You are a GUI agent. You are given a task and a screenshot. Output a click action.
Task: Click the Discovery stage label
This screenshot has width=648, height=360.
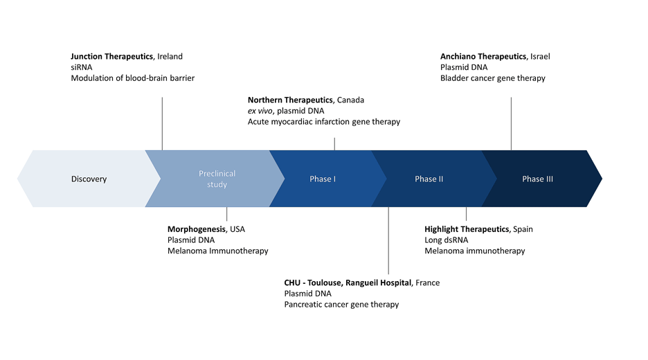(x=89, y=179)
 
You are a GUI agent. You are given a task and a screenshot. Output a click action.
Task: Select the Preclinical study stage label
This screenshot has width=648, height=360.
(x=217, y=179)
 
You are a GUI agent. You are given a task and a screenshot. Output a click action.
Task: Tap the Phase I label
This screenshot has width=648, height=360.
(x=323, y=179)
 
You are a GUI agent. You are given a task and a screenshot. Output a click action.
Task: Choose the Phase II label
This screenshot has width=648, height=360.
(x=429, y=179)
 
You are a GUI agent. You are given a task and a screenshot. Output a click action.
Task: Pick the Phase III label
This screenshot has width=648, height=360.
(x=537, y=179)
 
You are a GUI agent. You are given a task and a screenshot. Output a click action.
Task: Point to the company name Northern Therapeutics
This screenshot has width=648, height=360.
(x=289, y=100)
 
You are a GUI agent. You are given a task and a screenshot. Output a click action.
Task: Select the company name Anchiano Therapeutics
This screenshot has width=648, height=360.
(x=483, y=56)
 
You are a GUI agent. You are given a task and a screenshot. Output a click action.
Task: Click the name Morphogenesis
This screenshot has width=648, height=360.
(x=197, y=228)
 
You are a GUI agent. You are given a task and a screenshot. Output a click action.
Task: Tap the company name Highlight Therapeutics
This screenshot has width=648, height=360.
(x=467, y=228)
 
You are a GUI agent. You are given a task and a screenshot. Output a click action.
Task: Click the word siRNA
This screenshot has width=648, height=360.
(x=81, y=67)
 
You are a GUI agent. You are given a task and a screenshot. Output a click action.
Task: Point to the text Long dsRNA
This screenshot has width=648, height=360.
(x=447, y=240)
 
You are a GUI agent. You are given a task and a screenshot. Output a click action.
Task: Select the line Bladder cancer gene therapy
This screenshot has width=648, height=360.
(x=492, y=78)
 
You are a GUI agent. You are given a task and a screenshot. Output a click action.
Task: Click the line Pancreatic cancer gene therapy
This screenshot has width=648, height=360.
(x=341, y=305)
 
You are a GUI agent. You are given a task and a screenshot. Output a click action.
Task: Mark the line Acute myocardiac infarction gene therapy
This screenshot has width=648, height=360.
(x=323, y=122)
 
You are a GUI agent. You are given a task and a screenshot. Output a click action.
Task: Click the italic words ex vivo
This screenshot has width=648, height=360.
(x=260, y=111)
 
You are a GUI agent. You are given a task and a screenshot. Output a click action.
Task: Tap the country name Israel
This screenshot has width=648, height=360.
(x=540, y=56)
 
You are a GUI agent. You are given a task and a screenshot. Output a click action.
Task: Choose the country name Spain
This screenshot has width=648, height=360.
(x=523, y=228)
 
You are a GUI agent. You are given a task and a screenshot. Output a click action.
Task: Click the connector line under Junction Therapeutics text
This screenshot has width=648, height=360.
(x=162, y=123)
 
